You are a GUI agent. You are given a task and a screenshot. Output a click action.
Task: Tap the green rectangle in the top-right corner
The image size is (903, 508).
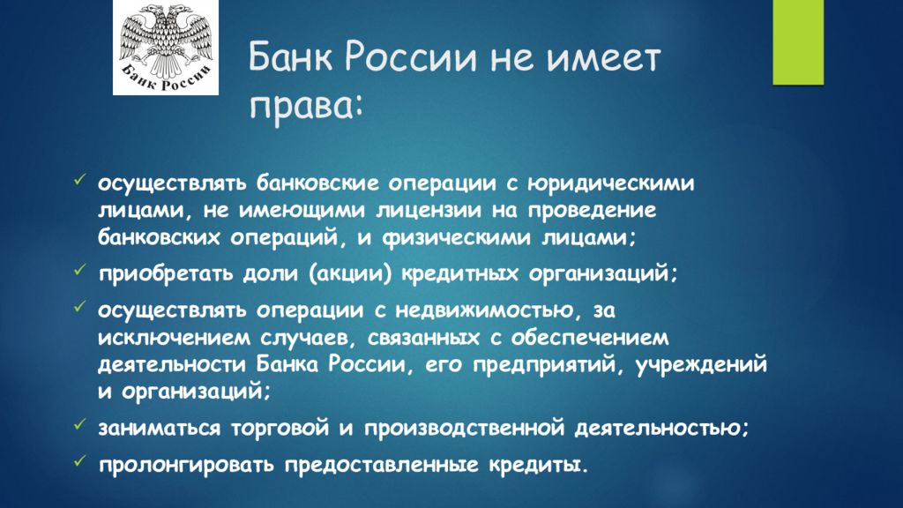[x=797, y=41]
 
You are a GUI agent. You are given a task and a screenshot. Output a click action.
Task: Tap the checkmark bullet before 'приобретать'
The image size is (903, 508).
[x=78, y=268]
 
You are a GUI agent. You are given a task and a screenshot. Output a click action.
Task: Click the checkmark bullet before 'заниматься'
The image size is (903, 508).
[x=78, y=422]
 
